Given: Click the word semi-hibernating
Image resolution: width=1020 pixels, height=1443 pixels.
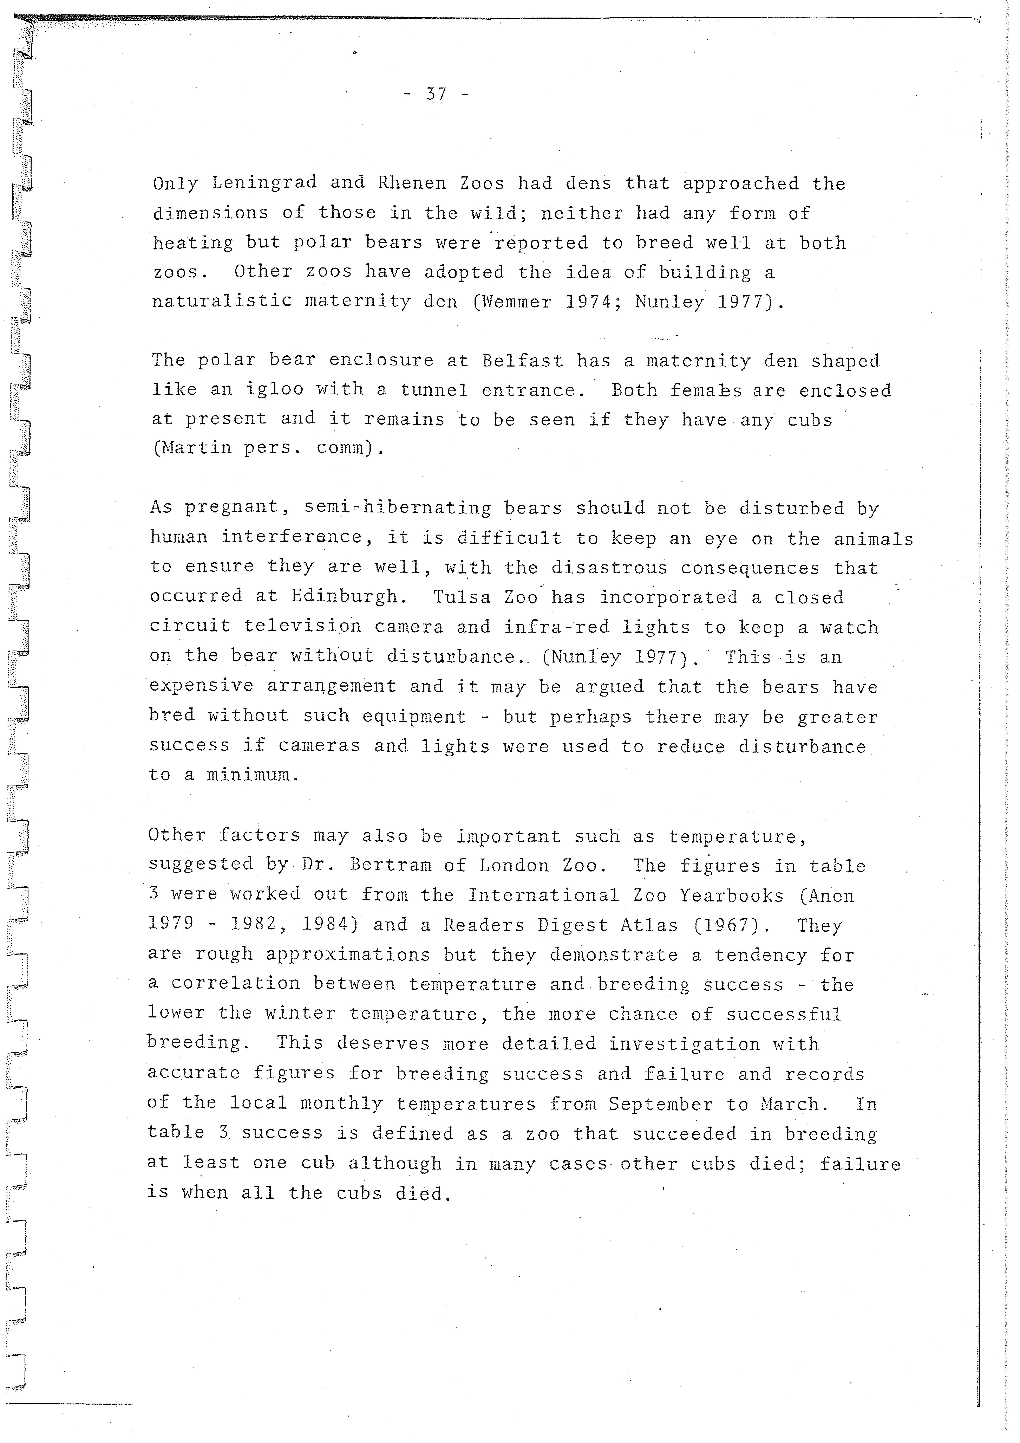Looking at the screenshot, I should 398,508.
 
